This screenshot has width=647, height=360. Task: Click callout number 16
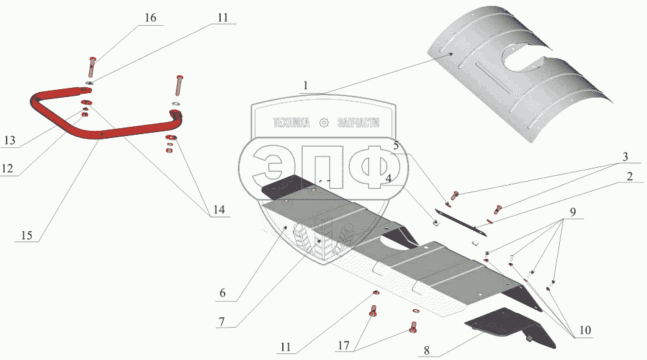click(151, 18)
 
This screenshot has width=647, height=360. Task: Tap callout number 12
click(7, 168)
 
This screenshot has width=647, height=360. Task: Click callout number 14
click(219, 211)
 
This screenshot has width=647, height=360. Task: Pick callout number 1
click(305, 86)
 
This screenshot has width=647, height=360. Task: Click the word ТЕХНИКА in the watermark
click(291, 123)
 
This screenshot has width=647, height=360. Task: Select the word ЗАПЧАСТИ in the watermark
click(358, 123)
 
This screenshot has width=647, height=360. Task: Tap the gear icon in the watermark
click(324, 123)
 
